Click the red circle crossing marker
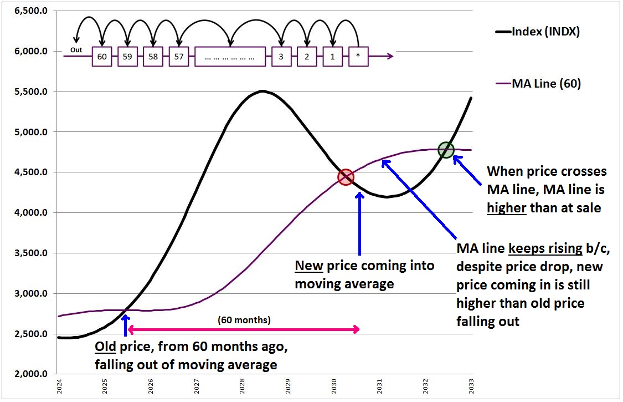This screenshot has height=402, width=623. [x=346, y=177]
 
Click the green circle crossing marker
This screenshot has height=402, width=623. [x=446, y=150]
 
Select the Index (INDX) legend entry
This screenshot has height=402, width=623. [x=545, y=32]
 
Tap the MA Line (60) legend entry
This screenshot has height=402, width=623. [x=546, y=84]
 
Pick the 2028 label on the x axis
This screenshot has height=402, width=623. [x=242, y=386]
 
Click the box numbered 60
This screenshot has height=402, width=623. [x=101, y=57]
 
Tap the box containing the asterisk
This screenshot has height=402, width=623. [x=358, y=57]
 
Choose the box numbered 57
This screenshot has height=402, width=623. [x=179, y=57]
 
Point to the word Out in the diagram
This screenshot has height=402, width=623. [x=76, y=50]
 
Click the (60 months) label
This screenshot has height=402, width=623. [x=244, y=320]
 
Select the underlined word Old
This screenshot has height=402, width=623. [x=106, y=348]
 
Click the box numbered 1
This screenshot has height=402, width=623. [x=332, y=57]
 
